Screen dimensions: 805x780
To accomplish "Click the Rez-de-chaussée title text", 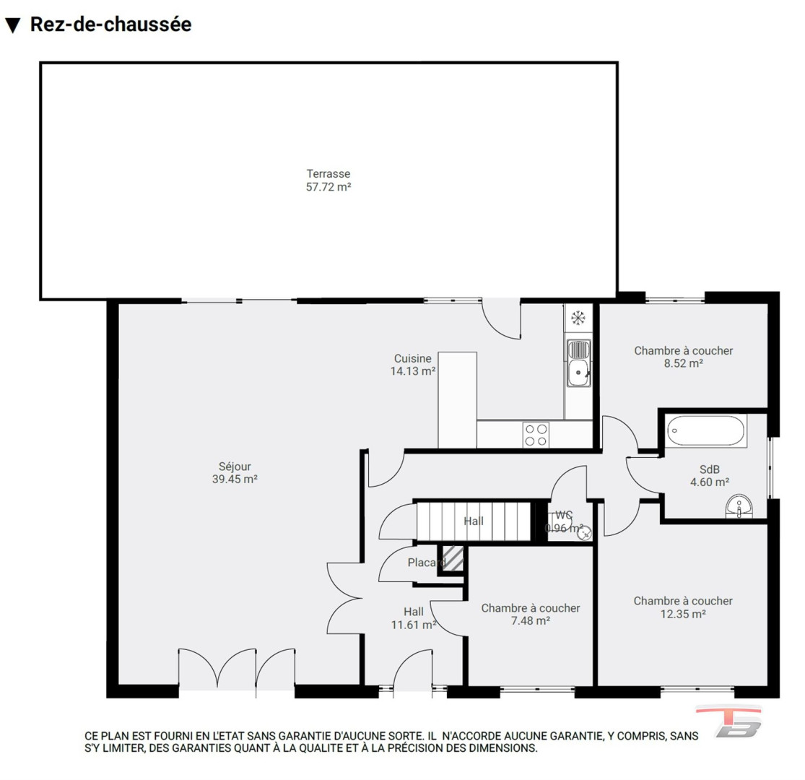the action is pyautogui.click(x=110, y=24).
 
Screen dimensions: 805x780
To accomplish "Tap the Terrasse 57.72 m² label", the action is pyautogui.click(x=328, y=181).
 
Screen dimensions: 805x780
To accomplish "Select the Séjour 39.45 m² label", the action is pyautogui.click(x=235, y=473).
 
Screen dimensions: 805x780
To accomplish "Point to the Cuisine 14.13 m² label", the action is pyautogui.click(x=413, y=365).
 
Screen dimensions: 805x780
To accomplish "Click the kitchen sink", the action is pyautogui.click(x=578, y=362).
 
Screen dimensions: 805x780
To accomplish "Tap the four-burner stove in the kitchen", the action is pyautogui.click(x=536, y=435).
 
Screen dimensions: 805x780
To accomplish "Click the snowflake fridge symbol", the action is pyautogui.click(x=578, y=318).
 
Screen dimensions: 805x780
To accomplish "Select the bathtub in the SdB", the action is pyautogui.click(x=705, y=431).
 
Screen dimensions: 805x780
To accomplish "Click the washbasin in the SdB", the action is pyautogui.click(x=739, y=506).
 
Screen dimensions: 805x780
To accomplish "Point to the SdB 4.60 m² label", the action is pyautogui.click(x=710, y=475).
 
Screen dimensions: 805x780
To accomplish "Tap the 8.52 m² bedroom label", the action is pyautogui.click(x=683, y=357).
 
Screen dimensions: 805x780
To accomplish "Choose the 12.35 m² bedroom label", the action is pyautogui.click(x=683, y=607).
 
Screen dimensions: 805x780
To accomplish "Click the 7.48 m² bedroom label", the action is pyautogui.click(x=531, y=614).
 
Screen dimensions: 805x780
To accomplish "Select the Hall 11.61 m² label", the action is pyautogui.click(x=414, y=618).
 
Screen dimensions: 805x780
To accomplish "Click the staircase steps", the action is pyautogui.click(x=473, y=521).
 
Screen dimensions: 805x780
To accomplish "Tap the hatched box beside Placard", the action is pyautogui.click(x=453, y=558).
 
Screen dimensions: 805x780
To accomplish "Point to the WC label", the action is pyautogui.click(x=564, y=515).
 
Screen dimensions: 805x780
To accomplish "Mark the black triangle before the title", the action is pyautogui.click(x=12, y=25).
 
